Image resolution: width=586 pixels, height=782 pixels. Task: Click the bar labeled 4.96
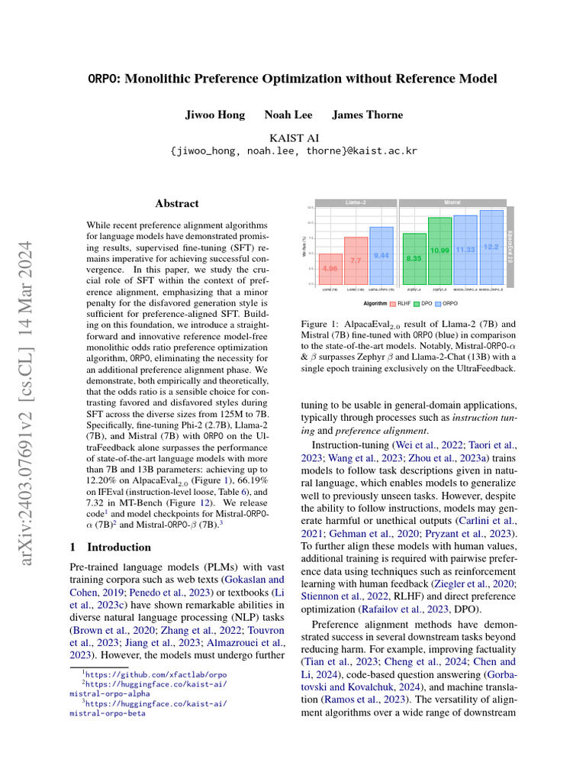tap(330, 269)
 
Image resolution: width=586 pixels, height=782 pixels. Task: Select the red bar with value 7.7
tap(356, 260)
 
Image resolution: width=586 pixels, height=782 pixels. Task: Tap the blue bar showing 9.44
tap(381, 255)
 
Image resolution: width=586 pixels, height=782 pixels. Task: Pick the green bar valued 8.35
tap(414, 259)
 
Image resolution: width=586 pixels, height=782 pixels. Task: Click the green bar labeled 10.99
tap(439, 250)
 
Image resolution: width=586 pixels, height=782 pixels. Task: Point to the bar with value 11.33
tap(465, 250)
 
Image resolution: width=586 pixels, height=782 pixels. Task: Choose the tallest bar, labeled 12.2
tap(491, 247)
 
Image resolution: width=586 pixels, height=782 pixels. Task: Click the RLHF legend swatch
tap(392, 303)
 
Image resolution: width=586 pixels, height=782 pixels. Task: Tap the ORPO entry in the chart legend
tap(446, 303)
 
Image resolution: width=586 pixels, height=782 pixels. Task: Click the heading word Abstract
tap(176, 204)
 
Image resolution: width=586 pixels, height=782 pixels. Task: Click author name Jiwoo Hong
tap(214, 115)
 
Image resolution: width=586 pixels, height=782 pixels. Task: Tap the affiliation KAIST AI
tap(292, 137)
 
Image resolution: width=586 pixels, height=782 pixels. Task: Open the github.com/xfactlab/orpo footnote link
tap(156, 674)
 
